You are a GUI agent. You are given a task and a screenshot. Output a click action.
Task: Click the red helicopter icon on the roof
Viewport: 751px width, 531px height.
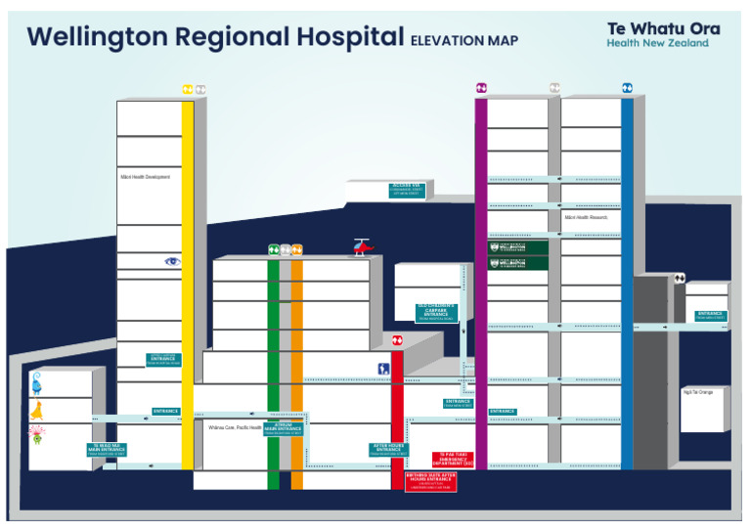[362, 247]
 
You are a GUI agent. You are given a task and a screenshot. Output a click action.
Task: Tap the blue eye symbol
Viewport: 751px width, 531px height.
[172, 260]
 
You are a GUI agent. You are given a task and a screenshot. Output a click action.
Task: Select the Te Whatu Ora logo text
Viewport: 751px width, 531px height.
[662, 28]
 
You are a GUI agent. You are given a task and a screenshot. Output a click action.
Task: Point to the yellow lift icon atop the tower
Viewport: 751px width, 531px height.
[188, 90]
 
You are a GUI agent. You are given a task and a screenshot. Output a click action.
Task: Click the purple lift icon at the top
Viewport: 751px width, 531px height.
[481, 89]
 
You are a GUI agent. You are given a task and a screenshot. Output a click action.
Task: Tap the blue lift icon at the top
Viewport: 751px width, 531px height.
[627, 88]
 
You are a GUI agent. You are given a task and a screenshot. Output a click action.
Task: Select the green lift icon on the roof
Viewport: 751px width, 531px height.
[274, 250]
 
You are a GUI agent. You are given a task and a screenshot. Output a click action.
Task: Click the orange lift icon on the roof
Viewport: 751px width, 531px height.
[296, 250]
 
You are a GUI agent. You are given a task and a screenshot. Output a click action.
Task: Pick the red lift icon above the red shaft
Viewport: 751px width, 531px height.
[397, 340]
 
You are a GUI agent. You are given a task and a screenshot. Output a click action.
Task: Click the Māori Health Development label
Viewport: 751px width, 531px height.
[145, 177]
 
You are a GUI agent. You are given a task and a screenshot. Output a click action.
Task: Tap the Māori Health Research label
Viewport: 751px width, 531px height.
[586, 217]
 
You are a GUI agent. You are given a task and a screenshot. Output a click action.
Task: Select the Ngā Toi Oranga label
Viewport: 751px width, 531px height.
[697, 392]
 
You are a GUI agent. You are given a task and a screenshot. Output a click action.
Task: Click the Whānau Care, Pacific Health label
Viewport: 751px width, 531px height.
[235, 427]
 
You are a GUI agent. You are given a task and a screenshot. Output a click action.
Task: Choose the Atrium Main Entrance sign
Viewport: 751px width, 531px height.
[283, 429]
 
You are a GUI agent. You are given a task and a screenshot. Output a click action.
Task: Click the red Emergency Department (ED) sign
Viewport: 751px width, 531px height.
[453, 459]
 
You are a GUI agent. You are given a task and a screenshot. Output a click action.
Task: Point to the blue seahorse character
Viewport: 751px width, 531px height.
[36, 381]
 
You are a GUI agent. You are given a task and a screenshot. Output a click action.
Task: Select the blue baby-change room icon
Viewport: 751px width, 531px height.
[384, 369]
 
